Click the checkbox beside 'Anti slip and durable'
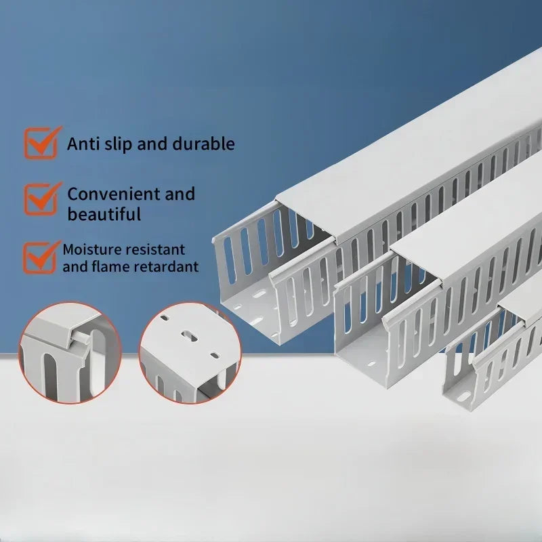click(41, 143)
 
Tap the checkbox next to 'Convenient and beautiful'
click(41, 199)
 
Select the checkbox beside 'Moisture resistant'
click(41, 258)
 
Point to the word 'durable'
click(204, 144)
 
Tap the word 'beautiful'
click(104, 214)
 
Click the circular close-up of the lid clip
click(70, 353)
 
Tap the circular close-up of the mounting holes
click(190, 353)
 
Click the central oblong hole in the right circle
click(190, 335)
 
